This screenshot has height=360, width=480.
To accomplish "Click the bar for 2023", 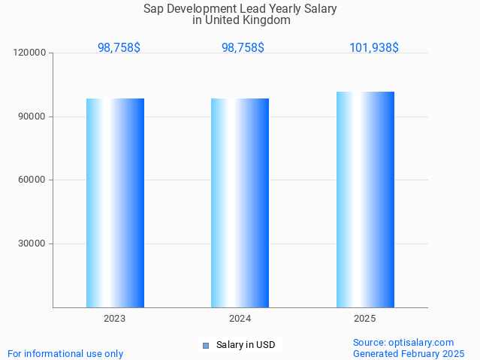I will [x=115, y=203].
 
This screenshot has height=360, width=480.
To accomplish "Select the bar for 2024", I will [x=240, y=203].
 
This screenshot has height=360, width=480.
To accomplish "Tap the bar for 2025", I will [x=365, y=199].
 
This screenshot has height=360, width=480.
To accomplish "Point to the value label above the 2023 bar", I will [x=119, y=47].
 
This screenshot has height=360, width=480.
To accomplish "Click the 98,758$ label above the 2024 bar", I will [x=243, y=47].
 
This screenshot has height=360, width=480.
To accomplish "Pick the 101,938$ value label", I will [x=373, y=47].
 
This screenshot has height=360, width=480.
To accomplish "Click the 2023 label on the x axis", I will [x=115, y=319].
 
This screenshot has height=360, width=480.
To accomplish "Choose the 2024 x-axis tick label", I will [x=240, y=319].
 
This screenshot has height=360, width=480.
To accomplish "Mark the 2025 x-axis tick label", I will [x=365, y=319].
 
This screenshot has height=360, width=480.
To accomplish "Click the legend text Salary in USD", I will [x=246, y=345].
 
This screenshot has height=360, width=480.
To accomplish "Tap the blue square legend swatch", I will [x=205, y=345].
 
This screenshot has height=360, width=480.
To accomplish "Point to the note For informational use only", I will [x=65, y=353].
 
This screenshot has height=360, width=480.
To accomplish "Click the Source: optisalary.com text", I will [x=403, y=342].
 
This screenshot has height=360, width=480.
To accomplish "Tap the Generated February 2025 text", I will [x=409, y=353].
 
